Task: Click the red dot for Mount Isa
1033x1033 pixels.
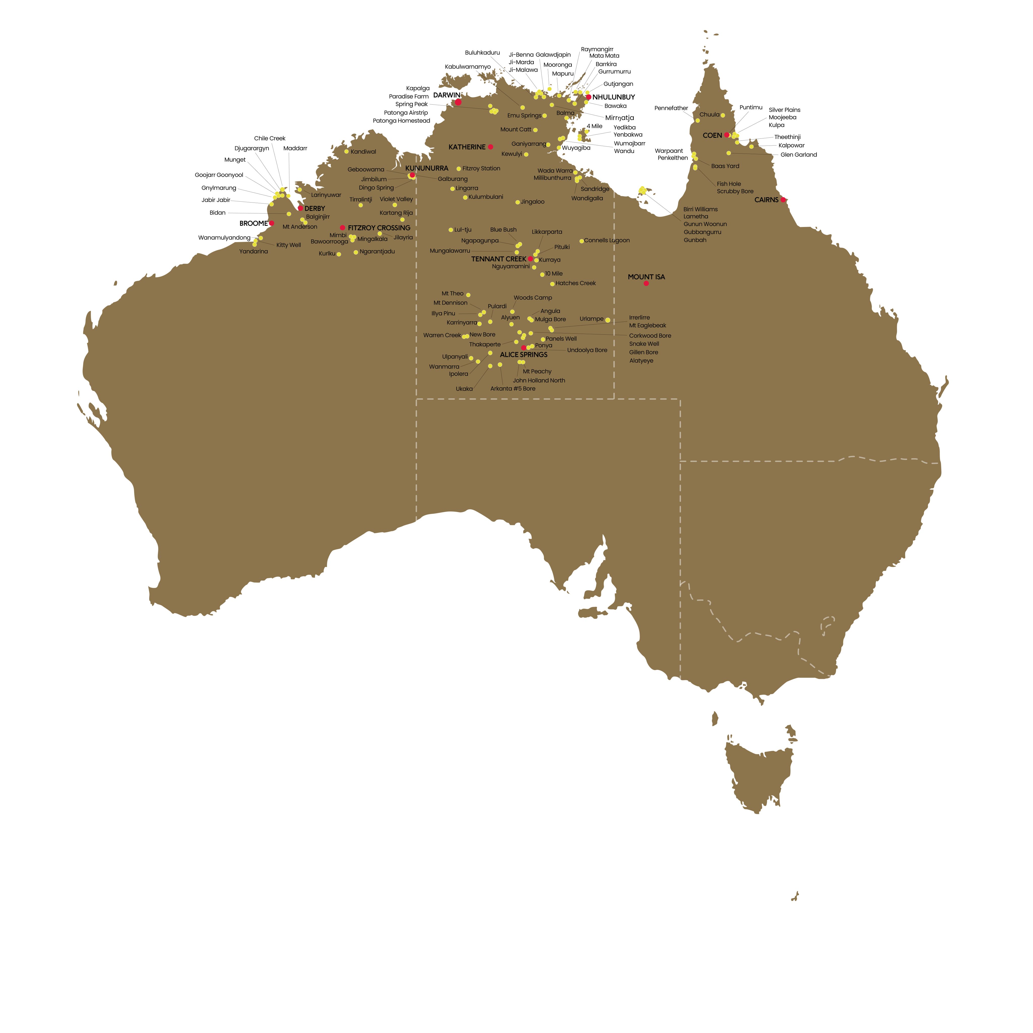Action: pyautogui.click(x=646, y=283)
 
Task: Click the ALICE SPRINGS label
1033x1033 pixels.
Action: pyautogui.click(x=524, y=355)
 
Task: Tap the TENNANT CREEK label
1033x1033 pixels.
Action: pyautogui.click(x=498, y=259)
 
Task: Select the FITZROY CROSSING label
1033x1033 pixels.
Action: pyautogui.click(x=379, y=228)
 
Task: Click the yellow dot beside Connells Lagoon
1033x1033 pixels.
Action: pyautogui.click(x=582, y=241)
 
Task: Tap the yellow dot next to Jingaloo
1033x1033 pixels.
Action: pyautogui.click(x=518, y=202)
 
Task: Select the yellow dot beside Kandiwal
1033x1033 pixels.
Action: pyautogui.click(x=347, y=151)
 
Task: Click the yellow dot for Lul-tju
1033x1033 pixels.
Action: pyautogui.click(x=451, y=230)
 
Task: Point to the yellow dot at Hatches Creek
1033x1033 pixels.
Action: pyautogui.click(x=552, y=284)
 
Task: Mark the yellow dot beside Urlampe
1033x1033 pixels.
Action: pyautogui.click(x=608, y=320)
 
